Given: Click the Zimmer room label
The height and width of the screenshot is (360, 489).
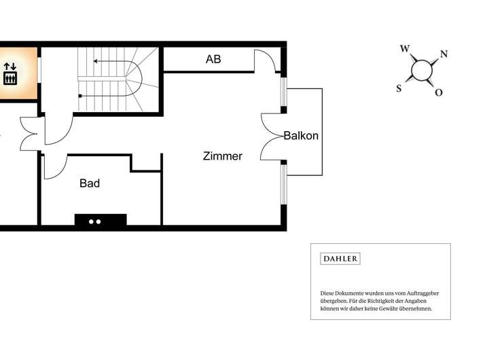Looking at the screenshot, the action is click(223, 156).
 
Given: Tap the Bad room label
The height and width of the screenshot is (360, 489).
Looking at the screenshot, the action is click(90, 183).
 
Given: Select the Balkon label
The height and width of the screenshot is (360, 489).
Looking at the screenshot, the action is click(301, 136).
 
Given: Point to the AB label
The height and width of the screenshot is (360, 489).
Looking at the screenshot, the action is click(213, 60).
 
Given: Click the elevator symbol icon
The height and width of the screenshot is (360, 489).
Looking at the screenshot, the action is click(10, 73).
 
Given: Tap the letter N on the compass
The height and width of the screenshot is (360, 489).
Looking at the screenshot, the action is click(443, 54).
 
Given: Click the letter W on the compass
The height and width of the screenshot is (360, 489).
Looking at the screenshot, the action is click(405, 49).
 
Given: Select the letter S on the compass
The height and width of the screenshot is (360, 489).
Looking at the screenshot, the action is click(399, 88).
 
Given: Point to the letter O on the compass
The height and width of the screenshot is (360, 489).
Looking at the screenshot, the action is click(439, 92).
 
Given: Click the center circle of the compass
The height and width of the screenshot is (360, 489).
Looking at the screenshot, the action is click(422, 70).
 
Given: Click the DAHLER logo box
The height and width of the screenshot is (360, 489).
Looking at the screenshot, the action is click(340, 259).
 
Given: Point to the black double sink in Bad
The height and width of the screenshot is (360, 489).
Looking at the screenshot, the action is click(100, 220).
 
